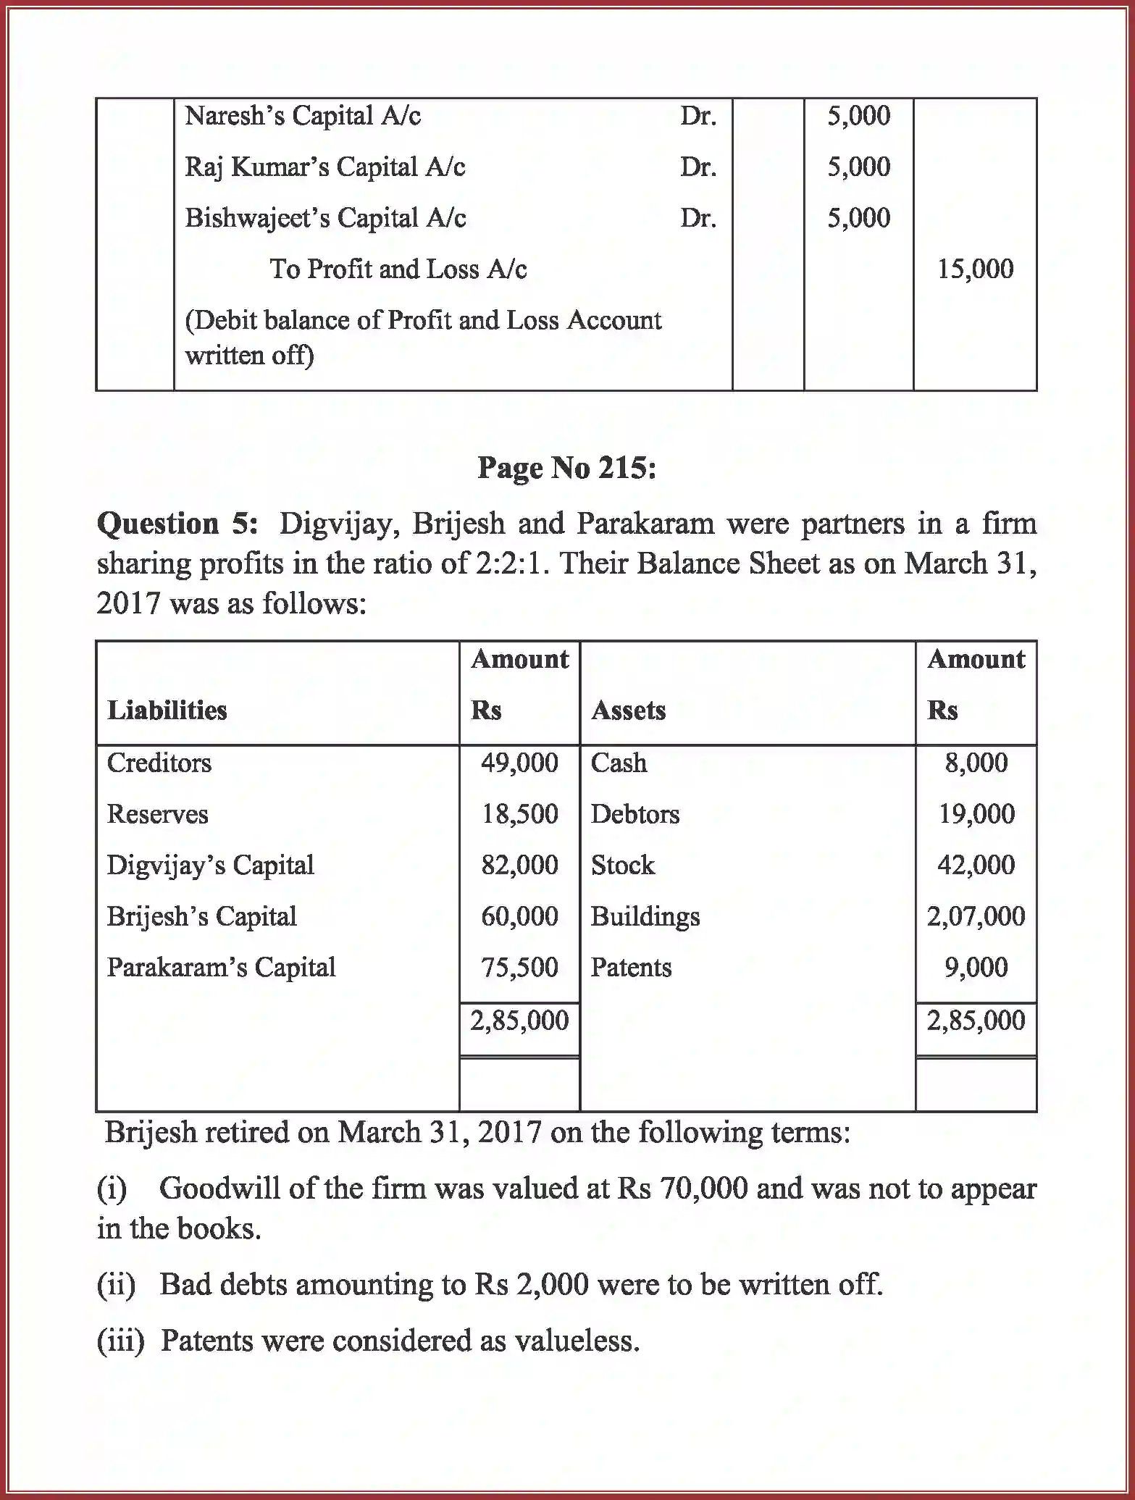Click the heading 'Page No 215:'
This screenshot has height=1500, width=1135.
pyautogui.click(x=566, y=469)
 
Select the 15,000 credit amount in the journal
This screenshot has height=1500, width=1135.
pyautogui.click(x=975, y=269)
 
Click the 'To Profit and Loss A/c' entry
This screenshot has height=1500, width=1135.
pyautogui.click(x=398, y=269)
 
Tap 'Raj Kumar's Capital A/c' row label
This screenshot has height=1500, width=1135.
pyautogui.click(x=324, y=167)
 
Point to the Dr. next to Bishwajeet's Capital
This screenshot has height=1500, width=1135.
pyautogui.click(x=698, y=218)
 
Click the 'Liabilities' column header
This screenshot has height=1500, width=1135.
pyautogui.click(x=167, y=711)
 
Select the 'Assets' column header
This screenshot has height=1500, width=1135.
pyautogui.click(x=628, y=711)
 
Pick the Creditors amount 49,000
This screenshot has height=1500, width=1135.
pyautogui.click(x=519, y=763)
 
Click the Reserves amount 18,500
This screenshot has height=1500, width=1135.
pyautogui.click(x=519, y=814)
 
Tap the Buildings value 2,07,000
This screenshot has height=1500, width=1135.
pyautogui.click(x=976, y=916)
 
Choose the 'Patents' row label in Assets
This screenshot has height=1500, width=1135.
pyautogui.click(x=631, y=968)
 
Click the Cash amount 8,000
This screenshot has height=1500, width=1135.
pyautogui.click(x=976, y=763)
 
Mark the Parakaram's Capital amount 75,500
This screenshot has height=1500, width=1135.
pyautogui.click(x=519, y=968)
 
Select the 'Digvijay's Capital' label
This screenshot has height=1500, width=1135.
pyautogui.click(x=210, y=866)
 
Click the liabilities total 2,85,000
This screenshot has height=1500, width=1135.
pyautogui.click(x=519, y=1021)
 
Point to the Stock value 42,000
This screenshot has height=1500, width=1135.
pyautogui.click(x=976, y=866)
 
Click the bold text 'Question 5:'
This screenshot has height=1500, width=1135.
pyautogui.click(x=177, y=524)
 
